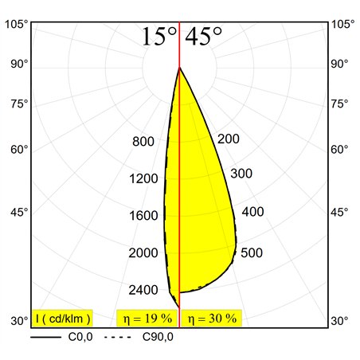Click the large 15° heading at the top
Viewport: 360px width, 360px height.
pos(159,37)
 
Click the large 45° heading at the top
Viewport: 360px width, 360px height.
pos(203,36)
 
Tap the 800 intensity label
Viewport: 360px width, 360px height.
pos(143,141)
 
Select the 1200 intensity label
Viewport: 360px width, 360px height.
pos(143,178)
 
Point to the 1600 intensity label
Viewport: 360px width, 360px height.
pos(143,215)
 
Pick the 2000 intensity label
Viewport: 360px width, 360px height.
pos(143,252)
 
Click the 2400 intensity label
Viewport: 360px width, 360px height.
pos(143,290)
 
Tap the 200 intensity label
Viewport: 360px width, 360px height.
pos(229,139)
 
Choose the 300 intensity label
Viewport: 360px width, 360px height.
pos(241,174)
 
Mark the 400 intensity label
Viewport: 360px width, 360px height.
pos(252,212)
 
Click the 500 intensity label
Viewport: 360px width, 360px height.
pos(252,252)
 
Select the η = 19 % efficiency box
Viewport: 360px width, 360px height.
pos(147,318)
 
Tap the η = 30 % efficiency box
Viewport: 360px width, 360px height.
pos(212,318)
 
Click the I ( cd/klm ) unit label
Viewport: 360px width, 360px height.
pos(62,318)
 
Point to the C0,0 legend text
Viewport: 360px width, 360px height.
pos(80,337)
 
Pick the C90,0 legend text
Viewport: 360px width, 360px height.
pos(158,337)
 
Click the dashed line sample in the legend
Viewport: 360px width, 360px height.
pos(118,337)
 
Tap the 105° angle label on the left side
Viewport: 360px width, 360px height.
pos(16,24)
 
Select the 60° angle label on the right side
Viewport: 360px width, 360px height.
pos(339,150)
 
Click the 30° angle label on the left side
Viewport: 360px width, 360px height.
pos(19,321)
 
